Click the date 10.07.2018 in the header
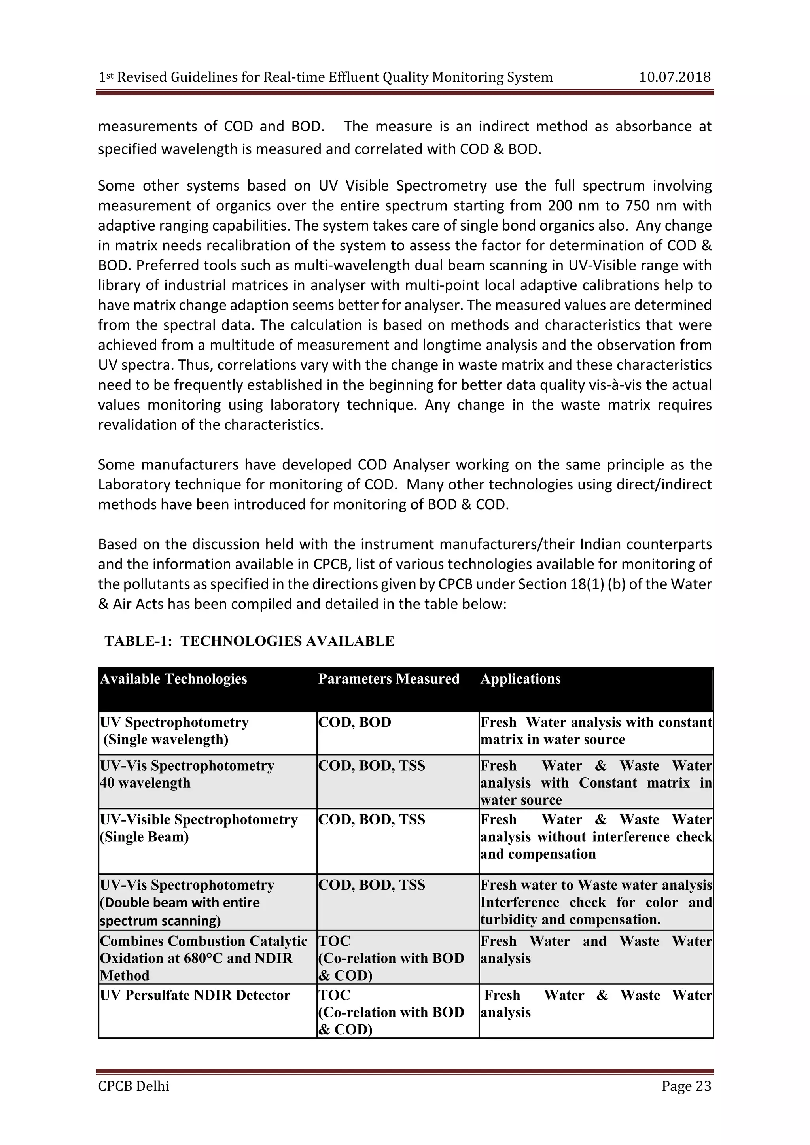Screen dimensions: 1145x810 click(674, 77)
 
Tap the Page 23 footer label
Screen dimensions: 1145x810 click(686, 1086)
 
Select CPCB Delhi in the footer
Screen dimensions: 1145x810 click(134, 1086)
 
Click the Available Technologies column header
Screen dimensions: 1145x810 click(174, 679)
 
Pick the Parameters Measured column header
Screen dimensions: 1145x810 click(388, 679)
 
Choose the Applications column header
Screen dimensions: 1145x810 click(520, 679)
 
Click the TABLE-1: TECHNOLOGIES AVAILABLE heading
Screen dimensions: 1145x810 click(250, 641)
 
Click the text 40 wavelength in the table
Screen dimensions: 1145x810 click(145, 782)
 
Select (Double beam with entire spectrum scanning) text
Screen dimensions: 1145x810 click(180, 911)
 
